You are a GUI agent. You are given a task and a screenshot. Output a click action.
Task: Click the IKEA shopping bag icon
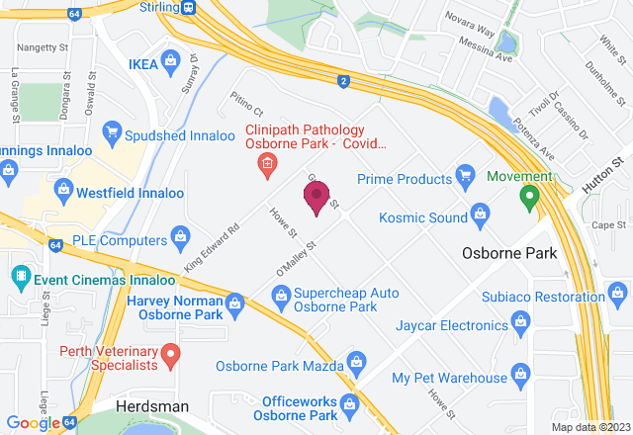(170, 62)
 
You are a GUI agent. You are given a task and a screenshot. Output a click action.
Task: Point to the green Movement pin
(529, 197)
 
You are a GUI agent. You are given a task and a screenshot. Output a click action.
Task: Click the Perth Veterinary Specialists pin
(170, 353)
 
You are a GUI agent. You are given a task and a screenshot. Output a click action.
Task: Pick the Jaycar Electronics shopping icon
(522, 323)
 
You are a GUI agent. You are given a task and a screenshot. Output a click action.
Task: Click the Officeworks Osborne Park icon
(347, 404)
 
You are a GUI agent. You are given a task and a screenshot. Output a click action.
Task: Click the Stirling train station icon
(187, 7)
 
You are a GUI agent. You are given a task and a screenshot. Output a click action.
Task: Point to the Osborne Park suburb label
(509, 252)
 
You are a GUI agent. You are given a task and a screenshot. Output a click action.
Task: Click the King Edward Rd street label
(213, 247)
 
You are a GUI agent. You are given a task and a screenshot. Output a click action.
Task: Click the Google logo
(33, 423)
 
